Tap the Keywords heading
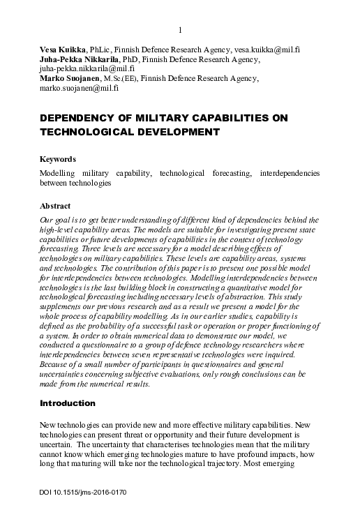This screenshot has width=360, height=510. (x=58, y=159)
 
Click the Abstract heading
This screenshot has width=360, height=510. (x=55, y=207)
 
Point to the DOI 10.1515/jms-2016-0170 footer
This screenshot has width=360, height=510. (x=83, y=491)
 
